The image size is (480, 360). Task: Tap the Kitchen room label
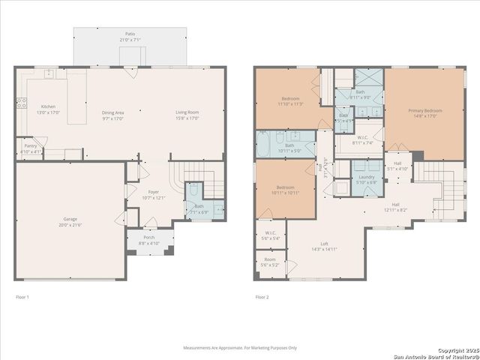(x=48, y=109)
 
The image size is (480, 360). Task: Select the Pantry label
(x=31, y=148)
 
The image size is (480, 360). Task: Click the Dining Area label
(x=113, y=115)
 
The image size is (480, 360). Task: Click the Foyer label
(x=153, y=195)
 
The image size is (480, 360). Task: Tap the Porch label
(x=149, y=240)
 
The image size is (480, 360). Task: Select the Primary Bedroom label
(x=425, y=113)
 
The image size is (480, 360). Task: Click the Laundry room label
(x=366, y=178)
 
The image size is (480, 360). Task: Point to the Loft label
(x=324, y=246)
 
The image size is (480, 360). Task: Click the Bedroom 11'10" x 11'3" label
(x=291, y=101)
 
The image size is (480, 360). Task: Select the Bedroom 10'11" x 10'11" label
(x=286, y=190)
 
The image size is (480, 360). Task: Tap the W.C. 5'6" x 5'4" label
(x=270, y=235)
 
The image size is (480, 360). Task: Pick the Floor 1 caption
(x=24, y=298)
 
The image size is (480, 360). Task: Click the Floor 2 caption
(x=262, y=298)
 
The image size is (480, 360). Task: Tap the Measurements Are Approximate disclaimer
(x=240, y=348)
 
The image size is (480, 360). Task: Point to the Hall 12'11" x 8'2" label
(x=394, y=207)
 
